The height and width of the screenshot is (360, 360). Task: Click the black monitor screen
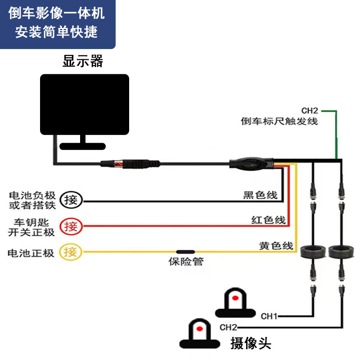[85, 104]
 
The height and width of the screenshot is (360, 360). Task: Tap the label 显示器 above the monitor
[83, 61]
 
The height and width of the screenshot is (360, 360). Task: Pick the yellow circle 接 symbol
[71, 252]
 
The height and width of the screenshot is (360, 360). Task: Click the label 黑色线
[260, 195]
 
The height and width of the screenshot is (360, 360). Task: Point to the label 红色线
[268, 220]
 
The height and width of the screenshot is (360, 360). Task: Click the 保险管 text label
[186, 261]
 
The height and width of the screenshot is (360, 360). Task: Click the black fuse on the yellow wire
[185, 252]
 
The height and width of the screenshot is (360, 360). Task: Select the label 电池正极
[31, 253]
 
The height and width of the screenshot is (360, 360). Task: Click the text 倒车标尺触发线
[279, 121]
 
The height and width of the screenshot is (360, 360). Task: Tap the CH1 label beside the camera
[269, 316]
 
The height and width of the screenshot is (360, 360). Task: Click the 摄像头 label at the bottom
[251, 344]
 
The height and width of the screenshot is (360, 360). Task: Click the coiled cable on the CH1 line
[312, 252]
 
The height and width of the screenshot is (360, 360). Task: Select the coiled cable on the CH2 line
[341, 252]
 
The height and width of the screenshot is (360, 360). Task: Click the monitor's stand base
[83, 146]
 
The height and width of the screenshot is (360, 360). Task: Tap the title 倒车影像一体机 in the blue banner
[57, 13]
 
